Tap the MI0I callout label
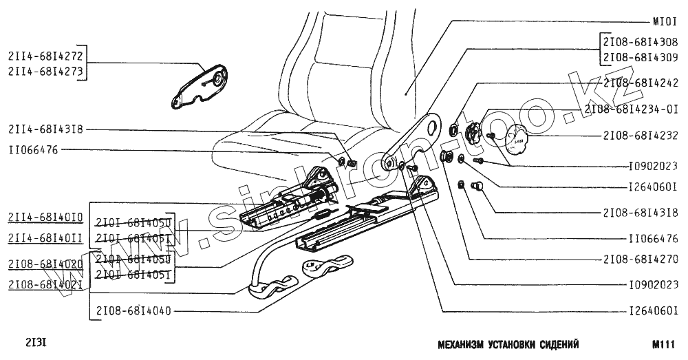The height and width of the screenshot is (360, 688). (665, 21)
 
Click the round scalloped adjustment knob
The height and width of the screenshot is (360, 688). (515, 140)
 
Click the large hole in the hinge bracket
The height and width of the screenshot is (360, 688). (433, 127)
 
